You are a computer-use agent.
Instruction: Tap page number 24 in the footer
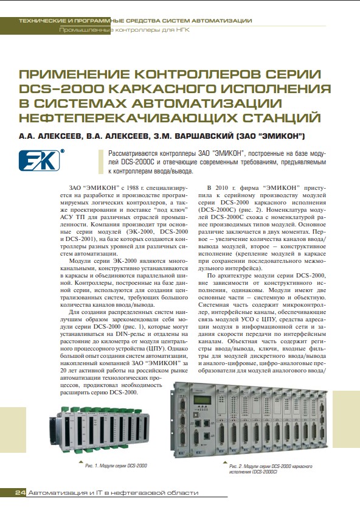(19, 492)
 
